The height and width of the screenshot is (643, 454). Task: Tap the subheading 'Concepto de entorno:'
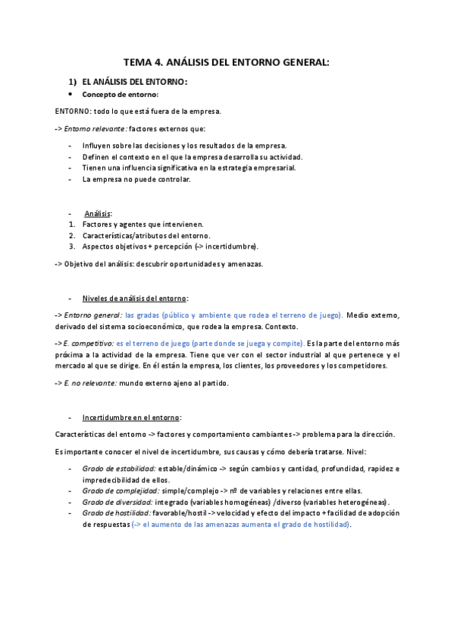[121, 95]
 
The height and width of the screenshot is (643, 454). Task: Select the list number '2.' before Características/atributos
[72, 235]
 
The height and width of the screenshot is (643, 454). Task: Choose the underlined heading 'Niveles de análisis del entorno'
[135, 298]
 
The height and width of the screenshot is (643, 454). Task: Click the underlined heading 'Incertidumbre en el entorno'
[131, 417]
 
